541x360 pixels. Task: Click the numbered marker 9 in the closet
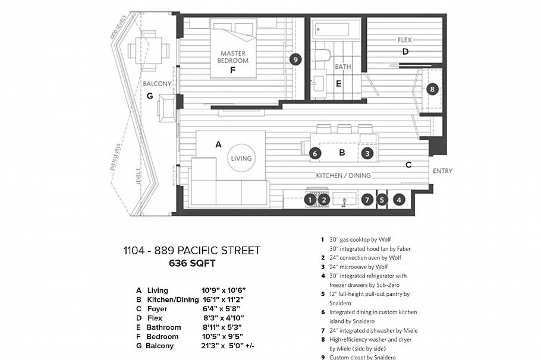294,59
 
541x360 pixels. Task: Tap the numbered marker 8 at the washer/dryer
432,90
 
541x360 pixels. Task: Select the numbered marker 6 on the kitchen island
315,153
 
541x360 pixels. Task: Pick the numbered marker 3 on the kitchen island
367,153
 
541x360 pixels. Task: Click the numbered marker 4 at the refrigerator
399,200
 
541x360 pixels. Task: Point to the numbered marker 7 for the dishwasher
367,200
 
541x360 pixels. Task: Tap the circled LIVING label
241,159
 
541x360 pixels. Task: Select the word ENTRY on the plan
442,171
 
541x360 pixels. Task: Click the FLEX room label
405,40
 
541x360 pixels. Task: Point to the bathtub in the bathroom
333,30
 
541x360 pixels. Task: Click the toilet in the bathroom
322,56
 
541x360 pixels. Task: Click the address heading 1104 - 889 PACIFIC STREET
191,250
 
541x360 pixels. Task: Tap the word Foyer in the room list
157,309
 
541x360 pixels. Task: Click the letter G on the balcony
149,96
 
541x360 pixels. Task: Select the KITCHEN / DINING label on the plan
344,175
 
